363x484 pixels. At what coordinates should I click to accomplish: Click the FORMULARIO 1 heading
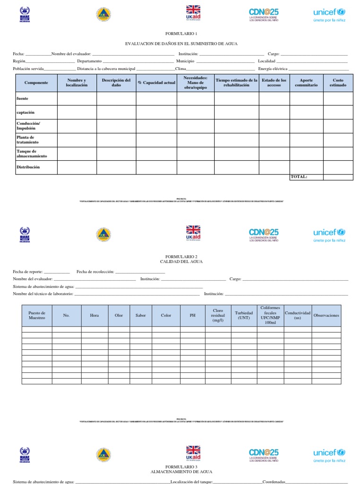[x=181, y=34]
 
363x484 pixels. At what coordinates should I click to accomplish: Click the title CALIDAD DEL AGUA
[x=181, y=261]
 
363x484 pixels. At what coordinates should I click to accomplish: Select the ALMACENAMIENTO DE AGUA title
[x=181, y=472]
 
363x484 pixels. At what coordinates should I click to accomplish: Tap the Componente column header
[x=36, y=83]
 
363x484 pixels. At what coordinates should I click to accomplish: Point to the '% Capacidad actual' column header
[x=156, y=83]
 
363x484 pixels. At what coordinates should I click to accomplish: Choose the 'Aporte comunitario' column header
[x=306, y=83]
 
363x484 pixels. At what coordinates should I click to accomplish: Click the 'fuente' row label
[x=23, y=98]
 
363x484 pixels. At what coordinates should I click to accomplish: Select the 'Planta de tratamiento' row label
[x=28, y=139]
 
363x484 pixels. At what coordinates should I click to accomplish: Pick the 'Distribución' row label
[x=28, y=167]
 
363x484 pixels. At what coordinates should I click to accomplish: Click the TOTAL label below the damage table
[x=299, y=177]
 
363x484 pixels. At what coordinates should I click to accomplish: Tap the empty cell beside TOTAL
[x=338, y=177]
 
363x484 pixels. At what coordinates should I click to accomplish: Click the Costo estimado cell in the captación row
[x=338, y=112]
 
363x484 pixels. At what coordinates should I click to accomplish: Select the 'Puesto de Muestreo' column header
[x=37, y=315]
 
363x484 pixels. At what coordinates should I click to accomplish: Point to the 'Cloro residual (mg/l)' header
[x=218, y=315]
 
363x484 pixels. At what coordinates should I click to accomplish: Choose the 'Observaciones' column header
[x=326, y=315]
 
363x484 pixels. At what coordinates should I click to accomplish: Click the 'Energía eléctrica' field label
[x=273, y=69]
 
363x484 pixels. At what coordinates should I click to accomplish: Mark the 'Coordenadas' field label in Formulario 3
[x=274, y=482]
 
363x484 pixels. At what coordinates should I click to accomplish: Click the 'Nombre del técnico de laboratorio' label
[x=43, y=294]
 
